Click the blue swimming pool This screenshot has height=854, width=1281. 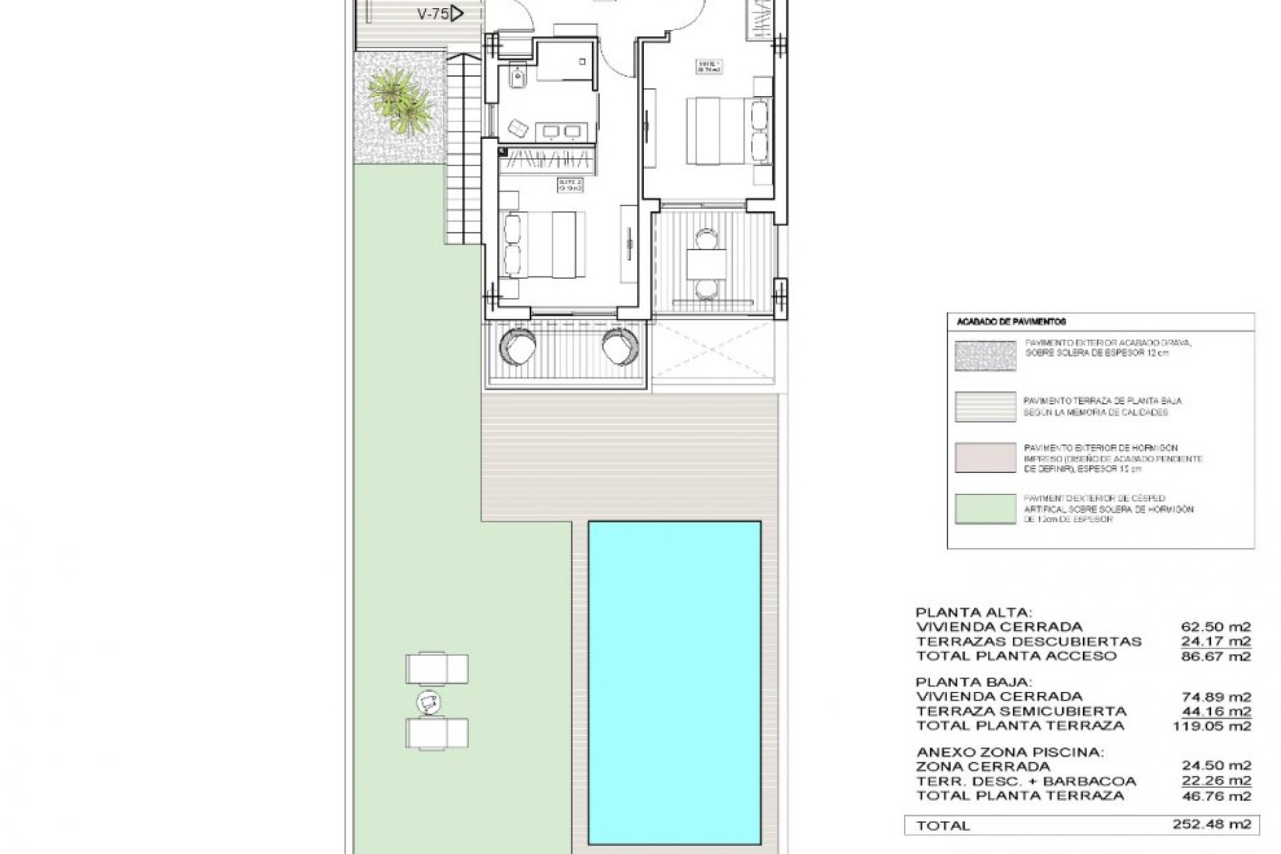(674, 684)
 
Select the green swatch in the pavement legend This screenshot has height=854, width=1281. (985, 509)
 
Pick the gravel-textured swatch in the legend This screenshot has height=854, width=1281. (985, 356)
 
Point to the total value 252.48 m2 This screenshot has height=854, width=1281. (1212, 824)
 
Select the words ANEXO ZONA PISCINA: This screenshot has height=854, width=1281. (1009, 752)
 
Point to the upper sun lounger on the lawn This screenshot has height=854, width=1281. (437, 669)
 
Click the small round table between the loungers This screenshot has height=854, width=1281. (428, 701)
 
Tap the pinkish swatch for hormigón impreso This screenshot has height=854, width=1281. (985, 458)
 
